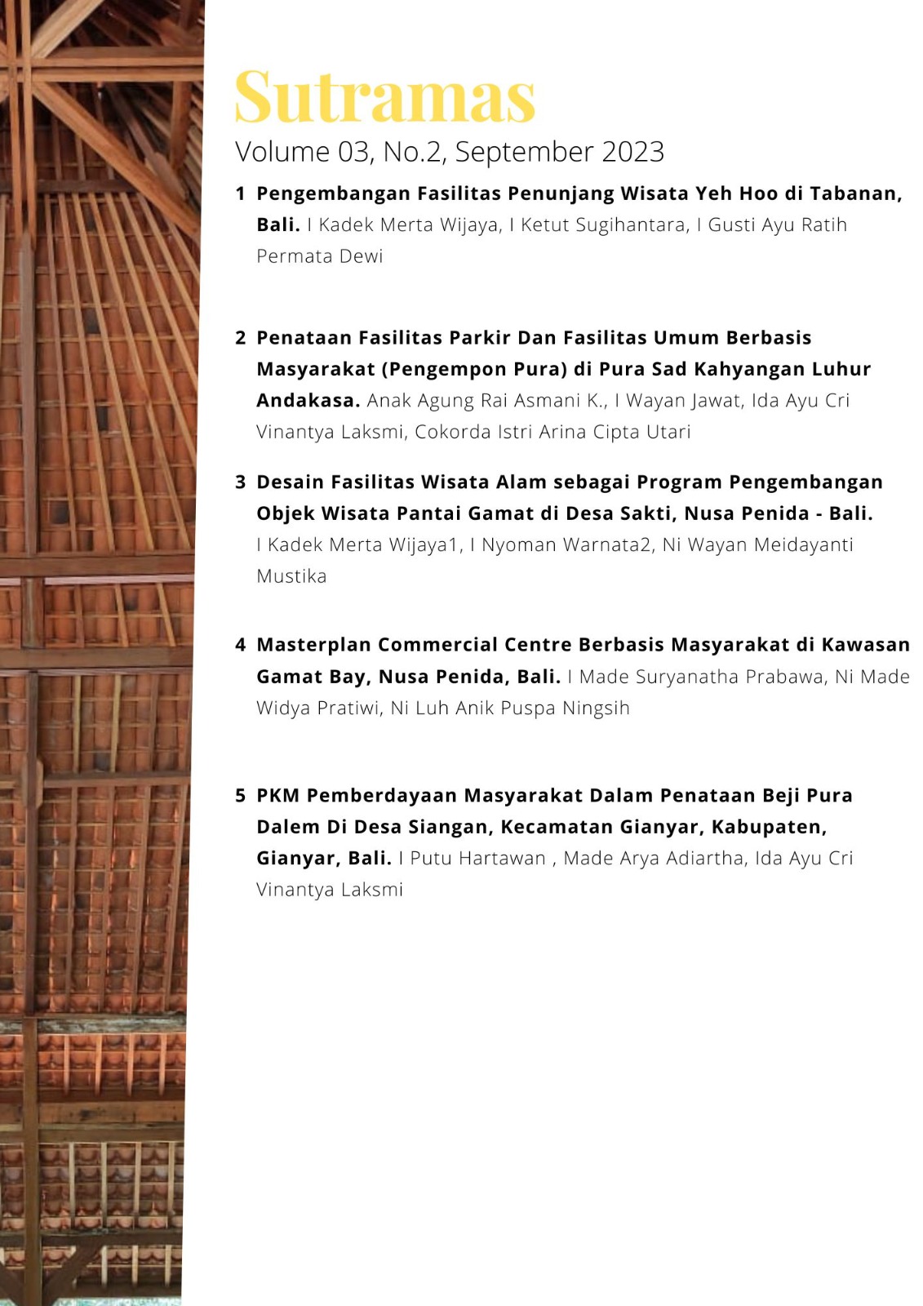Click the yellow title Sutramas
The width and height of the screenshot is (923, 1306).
coord(384,97)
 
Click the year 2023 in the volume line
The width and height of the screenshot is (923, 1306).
coord(632,152)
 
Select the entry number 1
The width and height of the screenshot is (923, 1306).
coord(240,193)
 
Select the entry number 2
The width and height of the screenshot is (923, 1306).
coord(240,338)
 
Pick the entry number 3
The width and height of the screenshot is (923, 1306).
coord(240,482)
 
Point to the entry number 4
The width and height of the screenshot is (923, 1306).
coord(240,645)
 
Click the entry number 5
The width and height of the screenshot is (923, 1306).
coord(240,796)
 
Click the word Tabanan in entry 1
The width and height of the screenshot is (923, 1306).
coord(854,193)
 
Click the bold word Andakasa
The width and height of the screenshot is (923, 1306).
coord(308,401)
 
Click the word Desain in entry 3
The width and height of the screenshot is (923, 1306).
coord(291,482)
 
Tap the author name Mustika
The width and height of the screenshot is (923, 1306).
coord(291,576)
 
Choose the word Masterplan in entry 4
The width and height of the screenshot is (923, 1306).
coord(313,645)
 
